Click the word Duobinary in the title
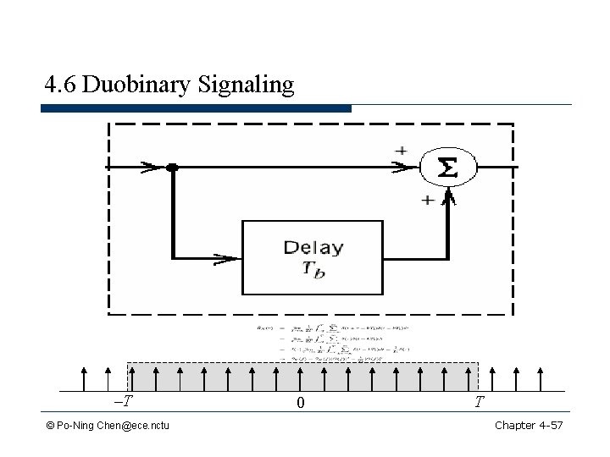point(141,85)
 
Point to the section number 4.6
point(61,85)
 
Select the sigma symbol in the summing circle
point(446,168)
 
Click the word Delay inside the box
point(313,248)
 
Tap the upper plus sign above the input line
point(400,150)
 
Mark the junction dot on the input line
point(172,168)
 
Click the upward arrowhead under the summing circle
point(450,200)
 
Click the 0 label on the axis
point(301,404)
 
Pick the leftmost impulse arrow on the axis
point(84,378)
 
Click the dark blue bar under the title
point(196,108)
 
